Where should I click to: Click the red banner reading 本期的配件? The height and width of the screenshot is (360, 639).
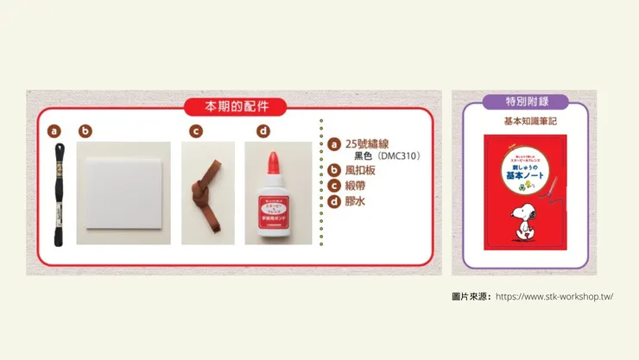click(233, 107)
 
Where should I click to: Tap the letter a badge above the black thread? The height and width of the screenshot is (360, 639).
click(54, 131)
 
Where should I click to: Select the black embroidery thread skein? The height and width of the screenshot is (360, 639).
click(58, 194)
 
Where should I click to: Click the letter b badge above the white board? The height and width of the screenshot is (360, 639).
click(85, 131)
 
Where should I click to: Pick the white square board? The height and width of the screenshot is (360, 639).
click(123, 193)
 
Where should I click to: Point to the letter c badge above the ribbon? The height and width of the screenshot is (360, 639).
click(196, 131)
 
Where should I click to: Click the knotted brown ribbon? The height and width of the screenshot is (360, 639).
click(207, 192)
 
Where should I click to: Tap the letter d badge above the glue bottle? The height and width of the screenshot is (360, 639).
click(263, 131)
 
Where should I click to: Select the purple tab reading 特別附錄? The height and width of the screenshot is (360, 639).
click(527, 101)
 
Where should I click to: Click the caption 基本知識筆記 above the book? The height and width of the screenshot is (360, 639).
click(527, 123)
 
